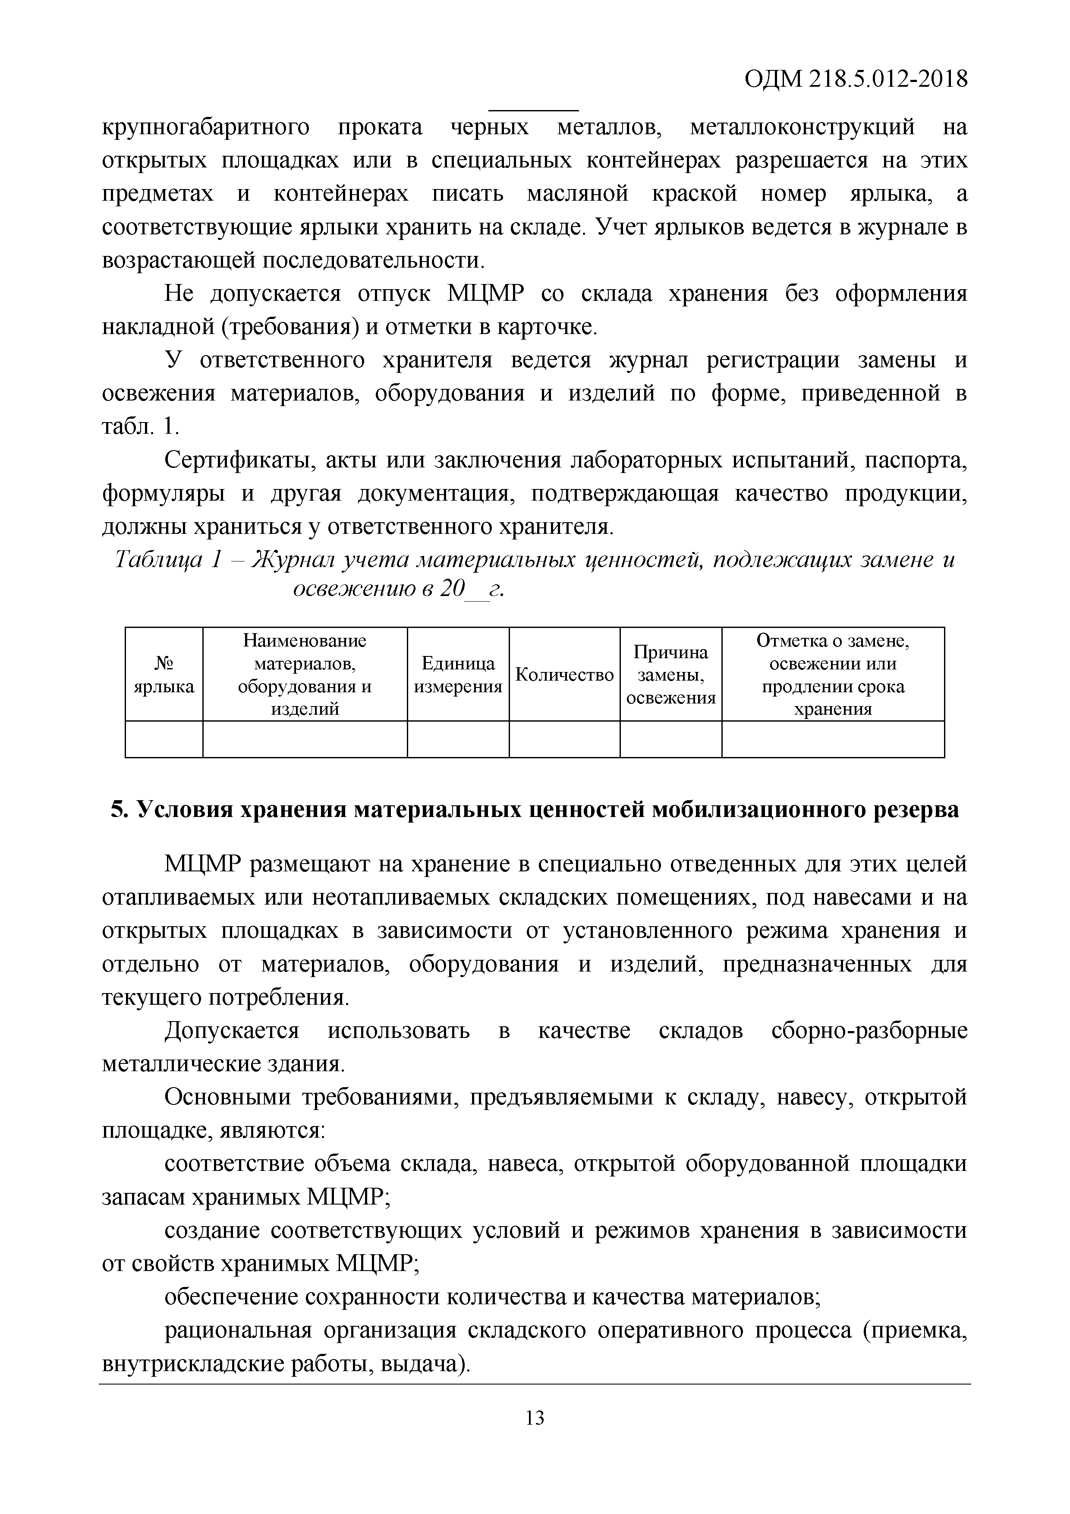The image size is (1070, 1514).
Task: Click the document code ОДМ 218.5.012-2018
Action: (x=855, y=79)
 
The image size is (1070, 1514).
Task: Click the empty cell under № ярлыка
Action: (x=164, y=739)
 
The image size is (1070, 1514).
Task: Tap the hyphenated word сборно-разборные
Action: (x=869, y=1031)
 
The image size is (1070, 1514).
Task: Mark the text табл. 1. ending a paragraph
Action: (x=140, y=427)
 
